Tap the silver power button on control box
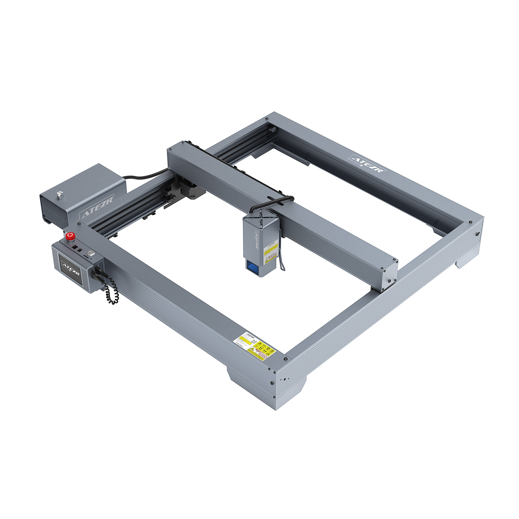coord(91,253)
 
